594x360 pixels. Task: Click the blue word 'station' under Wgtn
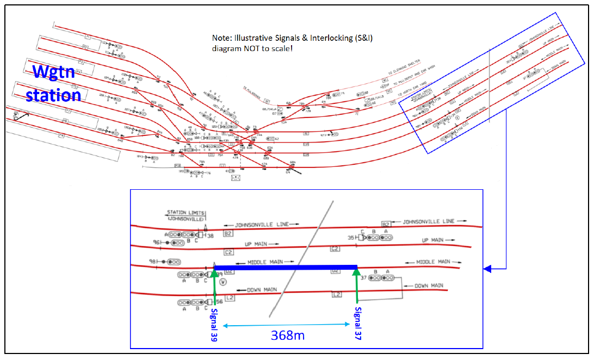(53, 95)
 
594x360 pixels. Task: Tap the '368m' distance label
(287, 335)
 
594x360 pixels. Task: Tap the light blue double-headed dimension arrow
(286, 325)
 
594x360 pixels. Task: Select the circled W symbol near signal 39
(223, 282)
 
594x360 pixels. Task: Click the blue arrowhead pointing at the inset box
(488, 269)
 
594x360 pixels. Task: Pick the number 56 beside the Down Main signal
(219, 302)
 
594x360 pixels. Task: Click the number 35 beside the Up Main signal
(351, 237)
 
